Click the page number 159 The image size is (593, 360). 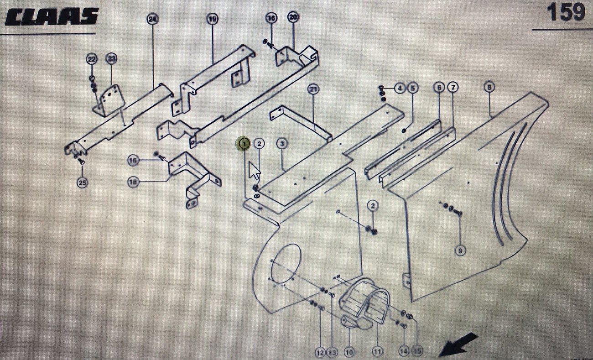point(566,12)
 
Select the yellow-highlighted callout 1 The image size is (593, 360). point(244,144)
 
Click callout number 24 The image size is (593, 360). point(152,19)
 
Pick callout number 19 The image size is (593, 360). point(212,19)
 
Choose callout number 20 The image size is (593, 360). point(293,17)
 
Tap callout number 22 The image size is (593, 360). point(92,59)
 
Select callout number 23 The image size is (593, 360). point(111,59)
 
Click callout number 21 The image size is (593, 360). point(313,89)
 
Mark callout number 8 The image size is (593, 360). point(489,87)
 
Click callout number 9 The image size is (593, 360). point(460,250)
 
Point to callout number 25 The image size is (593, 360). point(82,183)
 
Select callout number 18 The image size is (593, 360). point(133,182)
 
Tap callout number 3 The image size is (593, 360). point(282,144)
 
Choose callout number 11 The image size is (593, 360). point(378,351)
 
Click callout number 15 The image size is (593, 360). point(417,351)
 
